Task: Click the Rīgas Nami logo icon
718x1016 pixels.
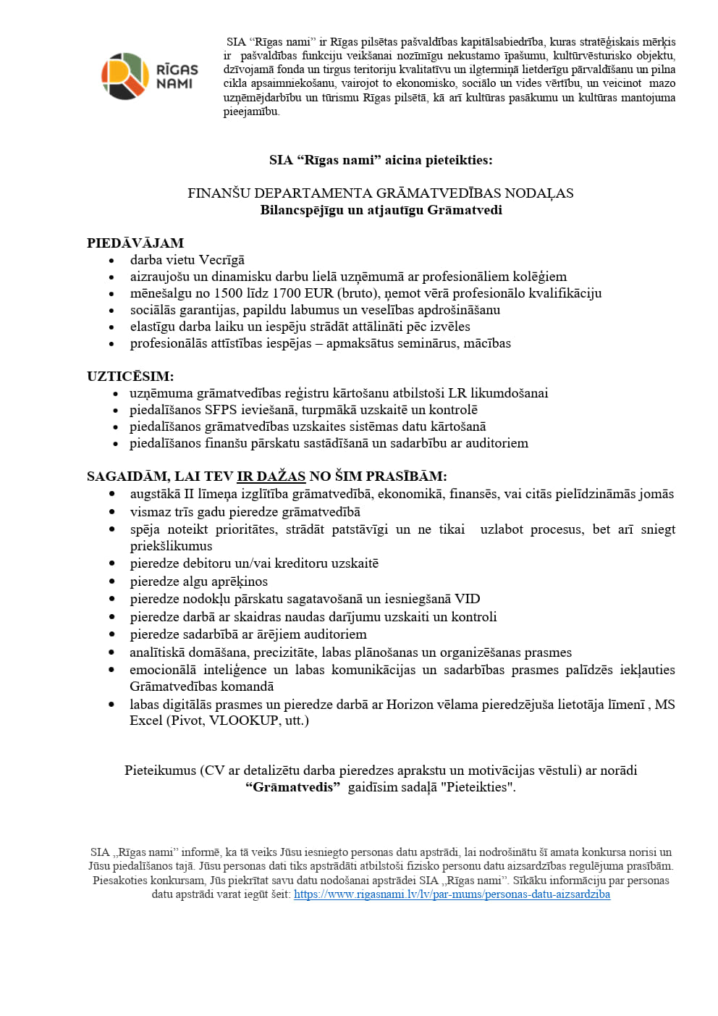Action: click(x=125, y=76)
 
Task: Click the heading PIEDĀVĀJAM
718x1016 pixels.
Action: click(x=135, y=243)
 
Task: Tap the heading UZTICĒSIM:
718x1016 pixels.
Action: click(x=130, y=377)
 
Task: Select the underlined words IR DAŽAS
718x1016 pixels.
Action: click(x=271, y=476)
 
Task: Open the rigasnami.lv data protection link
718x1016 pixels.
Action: click(x=452, y=894)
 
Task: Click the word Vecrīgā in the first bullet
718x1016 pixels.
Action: click(x=221, y=260)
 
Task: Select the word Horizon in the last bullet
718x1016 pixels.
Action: click(x=408, y=705)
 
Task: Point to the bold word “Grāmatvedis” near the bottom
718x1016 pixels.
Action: click(x=292, y=787)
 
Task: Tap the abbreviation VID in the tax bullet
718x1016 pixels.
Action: click(x=468, y=599)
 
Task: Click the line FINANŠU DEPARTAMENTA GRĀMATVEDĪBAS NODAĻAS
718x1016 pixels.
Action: click(x=380, y=193)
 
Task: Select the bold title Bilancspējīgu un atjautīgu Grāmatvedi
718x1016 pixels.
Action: click(x=381, y=210)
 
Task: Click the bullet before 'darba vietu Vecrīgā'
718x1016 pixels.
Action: click(x=111, y=261)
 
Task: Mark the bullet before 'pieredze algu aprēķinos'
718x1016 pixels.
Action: click(x=111, y=582)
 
